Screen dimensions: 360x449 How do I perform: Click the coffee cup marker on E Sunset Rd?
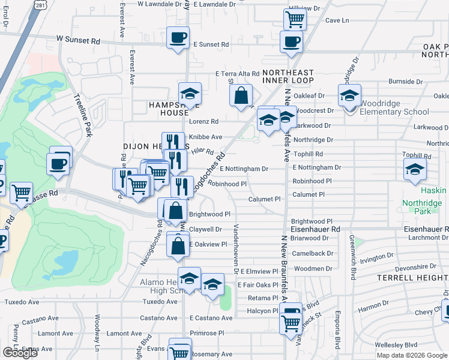[x=178, y=38]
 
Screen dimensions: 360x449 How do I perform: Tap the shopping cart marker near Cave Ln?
[x=295, y=19]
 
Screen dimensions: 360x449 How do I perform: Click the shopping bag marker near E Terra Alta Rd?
[x=241, y=95]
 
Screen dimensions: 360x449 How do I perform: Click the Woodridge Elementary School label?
[x=394, y=107]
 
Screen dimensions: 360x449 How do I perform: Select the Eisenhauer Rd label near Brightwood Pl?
[x=315, y=229]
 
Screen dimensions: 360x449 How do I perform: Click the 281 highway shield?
[x=40, y=4]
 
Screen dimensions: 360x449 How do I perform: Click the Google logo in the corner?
[x=20, y=353]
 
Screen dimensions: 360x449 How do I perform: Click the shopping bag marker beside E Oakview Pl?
[x=178, y=245]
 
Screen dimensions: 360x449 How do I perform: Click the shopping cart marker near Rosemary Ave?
[x=179, y=349]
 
